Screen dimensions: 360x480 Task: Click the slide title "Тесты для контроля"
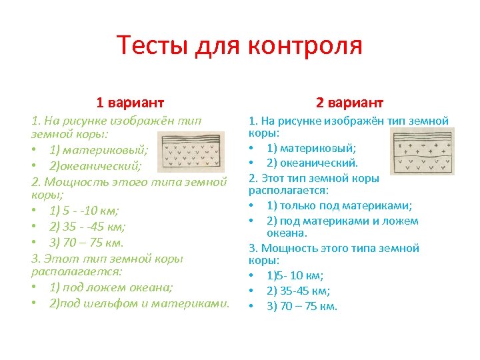pos(239,46)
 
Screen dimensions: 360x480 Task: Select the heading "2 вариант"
pos(349,102)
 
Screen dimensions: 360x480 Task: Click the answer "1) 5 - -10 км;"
pos(84,211)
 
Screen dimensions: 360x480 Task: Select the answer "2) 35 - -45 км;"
pos(87,227)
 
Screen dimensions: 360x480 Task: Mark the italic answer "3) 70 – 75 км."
pos(87,243)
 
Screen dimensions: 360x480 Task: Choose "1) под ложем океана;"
pos(111,287)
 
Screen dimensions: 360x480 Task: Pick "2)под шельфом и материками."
pos(139,303)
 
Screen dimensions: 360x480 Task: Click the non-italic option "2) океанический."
pos(313,163)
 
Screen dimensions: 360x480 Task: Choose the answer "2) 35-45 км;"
pos(298,291)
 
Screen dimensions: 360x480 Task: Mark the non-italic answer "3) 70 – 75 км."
pos(302,307)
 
